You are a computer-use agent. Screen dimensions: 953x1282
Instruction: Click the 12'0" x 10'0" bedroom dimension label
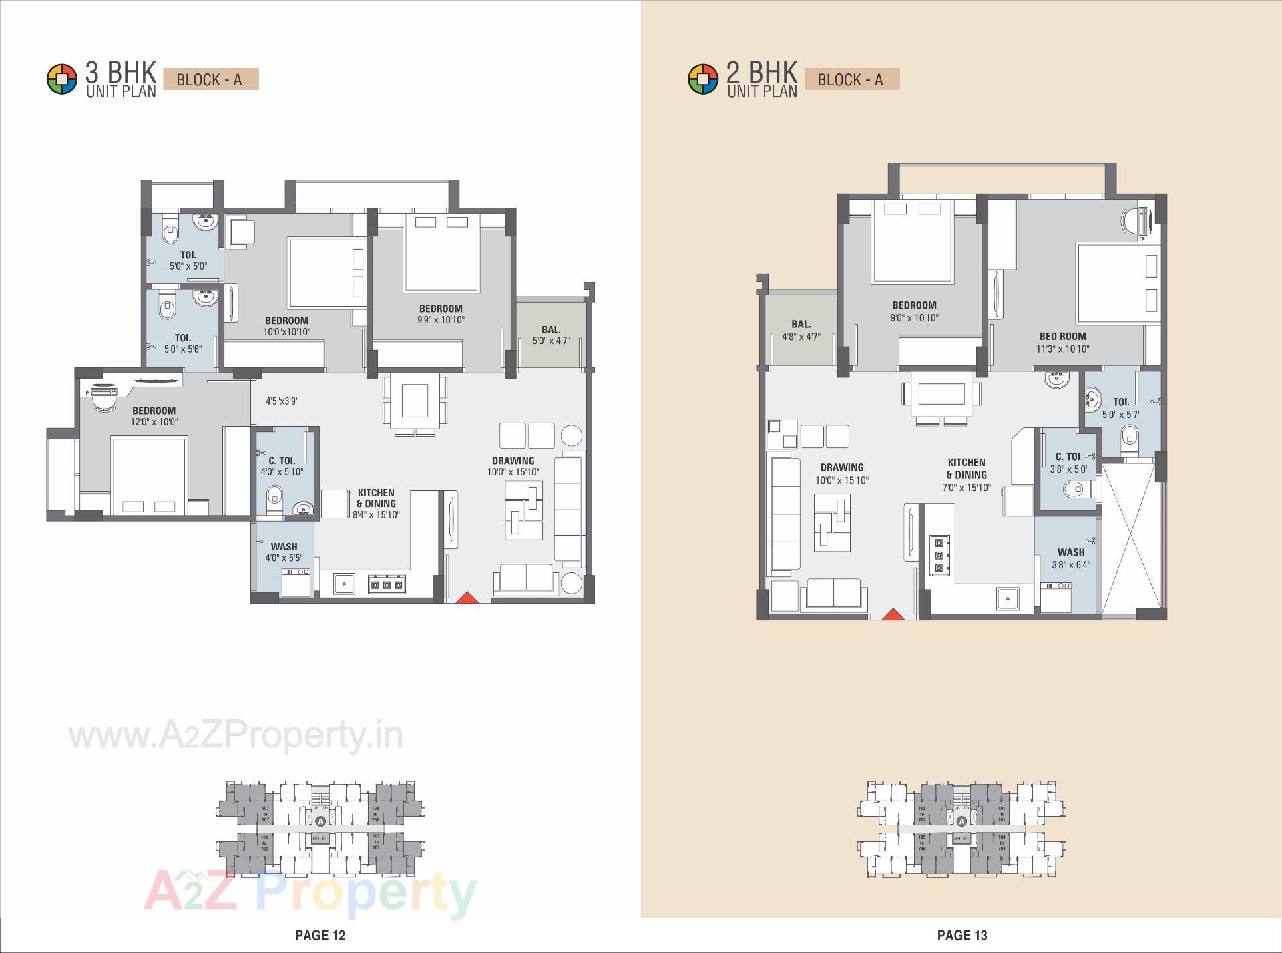pyautogui.click(x=154, y=417)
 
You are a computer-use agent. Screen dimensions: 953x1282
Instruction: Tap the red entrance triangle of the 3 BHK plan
pyautogui.click(x=467, y=598)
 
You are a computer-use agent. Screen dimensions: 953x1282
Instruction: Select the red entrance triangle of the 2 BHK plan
pyautogui.click(x=892, y=614)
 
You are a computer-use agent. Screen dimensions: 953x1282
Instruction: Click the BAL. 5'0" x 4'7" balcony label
pyautogui.click(x=551, y=335)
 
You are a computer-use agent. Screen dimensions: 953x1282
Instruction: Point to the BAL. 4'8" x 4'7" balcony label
pyautogui.click(x=801, y=331)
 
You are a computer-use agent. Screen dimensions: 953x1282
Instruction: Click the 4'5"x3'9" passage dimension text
pyautogui.click(x=282, y=401)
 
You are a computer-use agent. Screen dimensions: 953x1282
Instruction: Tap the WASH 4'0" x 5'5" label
pyautogui.click(x=284, y=552)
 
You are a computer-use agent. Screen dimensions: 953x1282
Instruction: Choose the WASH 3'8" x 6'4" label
pyautogui.click(x=1071, y=558)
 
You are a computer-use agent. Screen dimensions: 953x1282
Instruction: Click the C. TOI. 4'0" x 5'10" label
pyautogui.click(x=282, y=466)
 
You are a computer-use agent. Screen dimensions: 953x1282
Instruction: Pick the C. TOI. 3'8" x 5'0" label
pyautogui.click(x=1068, y=463)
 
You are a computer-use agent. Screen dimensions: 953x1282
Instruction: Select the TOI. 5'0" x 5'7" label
pyautogui.click(x=1121, y=408)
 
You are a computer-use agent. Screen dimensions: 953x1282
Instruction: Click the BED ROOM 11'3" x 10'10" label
pyautogui.click(x=1062, y=343)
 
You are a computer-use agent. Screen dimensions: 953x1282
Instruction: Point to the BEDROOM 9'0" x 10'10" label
pyautogui.click(x=914, y=311)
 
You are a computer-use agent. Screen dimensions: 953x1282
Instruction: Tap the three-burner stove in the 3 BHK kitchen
pyautogui.click(x=387, y=584)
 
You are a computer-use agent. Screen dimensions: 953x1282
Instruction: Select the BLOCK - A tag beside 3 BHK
pyautogui.click(x=210, y=80)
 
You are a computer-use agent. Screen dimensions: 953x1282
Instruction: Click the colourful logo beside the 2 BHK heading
pyautogui.click(x=702, y=79)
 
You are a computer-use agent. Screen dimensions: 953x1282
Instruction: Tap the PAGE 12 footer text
pyautogui.click(x=320, y=935)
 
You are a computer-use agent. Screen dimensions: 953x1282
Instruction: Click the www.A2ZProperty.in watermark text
pyautogui.click(x=236, y=735)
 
